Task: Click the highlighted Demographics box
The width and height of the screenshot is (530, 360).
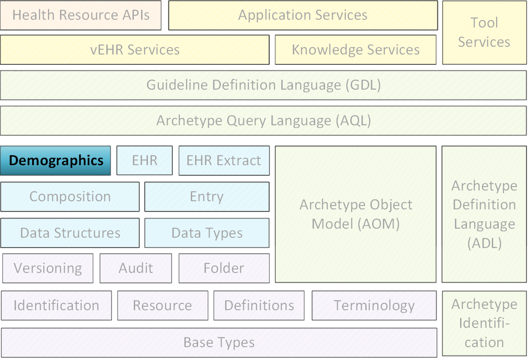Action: pyautogui.click(x=55, y=160)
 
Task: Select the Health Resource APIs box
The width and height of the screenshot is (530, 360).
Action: pyautogui.click(x=81, y=15)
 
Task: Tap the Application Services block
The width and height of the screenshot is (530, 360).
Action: pyautogui.click(x=303, y=15)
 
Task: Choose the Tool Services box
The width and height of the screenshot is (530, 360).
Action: pyautogui.click(x=485, y=33)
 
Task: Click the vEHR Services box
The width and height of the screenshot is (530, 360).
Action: pyautogui.click(x=135, y=50)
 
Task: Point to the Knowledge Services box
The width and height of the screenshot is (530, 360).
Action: pyautogui.click(x=355, y=50)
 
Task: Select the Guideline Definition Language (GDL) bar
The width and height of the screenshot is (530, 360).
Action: pyautogui.click(x=263, y=85)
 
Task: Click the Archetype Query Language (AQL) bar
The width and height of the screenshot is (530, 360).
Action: pyautogui.click(x=263, y=121)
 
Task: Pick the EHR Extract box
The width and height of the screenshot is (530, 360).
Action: pyautogui.click(x=224, y=160)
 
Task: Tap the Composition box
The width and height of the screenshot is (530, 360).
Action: pyautogui.click(x=70, y=197)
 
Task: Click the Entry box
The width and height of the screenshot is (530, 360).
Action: pyautogui.click(x=207, y=197)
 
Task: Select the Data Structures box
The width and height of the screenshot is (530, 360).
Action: pyautogui.click(x=70, y=233)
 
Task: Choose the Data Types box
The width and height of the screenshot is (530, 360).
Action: pyautogui.click(x=207, y=233)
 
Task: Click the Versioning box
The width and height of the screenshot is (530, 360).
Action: pyautogui.click(x=48, y=268)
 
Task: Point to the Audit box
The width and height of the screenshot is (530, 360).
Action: pyautogui.click(x=136, y=268)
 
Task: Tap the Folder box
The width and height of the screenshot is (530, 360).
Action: pyautogui.click(x=224, y=268)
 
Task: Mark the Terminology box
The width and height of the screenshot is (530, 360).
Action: pyautogui.click(x=374, y=306)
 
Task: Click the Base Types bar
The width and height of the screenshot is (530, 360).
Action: pyautogui.click(x=219, y=342)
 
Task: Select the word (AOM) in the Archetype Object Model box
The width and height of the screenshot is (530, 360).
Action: pyautogui.click(x=379, y=224)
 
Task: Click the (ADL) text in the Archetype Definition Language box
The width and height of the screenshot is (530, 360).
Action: pyautogui.click(x=485, y=243)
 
